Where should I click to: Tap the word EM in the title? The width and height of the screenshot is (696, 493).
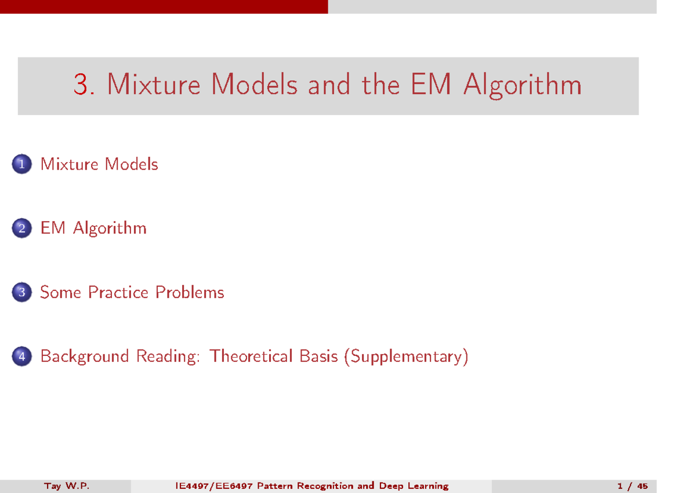(x=432, y=85)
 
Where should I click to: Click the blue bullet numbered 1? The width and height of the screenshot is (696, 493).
(x=21, y=164)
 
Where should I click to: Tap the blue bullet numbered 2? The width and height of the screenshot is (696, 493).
(x=21, y=228)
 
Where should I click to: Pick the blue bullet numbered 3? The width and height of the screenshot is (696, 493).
(x=21, y=292)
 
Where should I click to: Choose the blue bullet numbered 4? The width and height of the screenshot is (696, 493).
(x=21, y=356)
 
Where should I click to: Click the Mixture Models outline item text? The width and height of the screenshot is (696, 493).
(x=99, y=164)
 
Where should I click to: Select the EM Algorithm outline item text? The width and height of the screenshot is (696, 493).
(x=93, y=228)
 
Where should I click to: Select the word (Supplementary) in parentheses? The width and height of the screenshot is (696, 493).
(x=405, y=356)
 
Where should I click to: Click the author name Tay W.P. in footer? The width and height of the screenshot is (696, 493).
(x=67, y=486)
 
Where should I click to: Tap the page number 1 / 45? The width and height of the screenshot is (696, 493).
(x=633, y=486)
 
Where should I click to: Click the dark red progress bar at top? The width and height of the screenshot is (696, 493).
(x=164, y=6)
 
